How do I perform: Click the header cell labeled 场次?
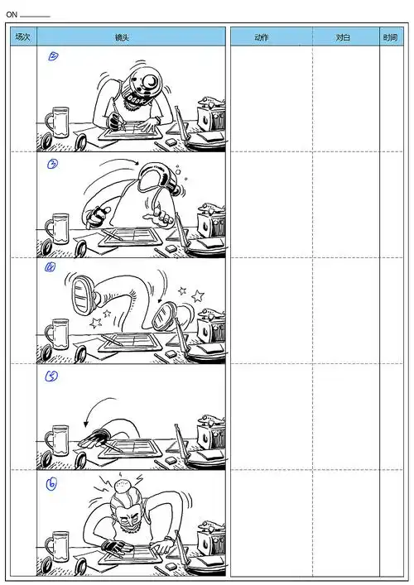[x=23, y=37]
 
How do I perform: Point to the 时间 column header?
[x=391, y=37]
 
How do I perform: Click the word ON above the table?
[x=12, y=15]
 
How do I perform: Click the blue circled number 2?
[x=53, y=56]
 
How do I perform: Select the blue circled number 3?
[x=53, y=164]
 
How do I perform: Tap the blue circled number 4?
[x=50, y=267]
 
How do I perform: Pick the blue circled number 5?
[x=51, y=376]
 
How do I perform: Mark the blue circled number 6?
[x=51, y=484]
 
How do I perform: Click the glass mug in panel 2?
[x=57, y=122]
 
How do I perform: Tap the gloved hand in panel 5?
[x=94, y=439]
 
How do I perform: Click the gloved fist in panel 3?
[x=97, y=217]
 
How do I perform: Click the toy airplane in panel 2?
[x=211, y=101]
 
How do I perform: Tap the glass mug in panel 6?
[x=57, y=546]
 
